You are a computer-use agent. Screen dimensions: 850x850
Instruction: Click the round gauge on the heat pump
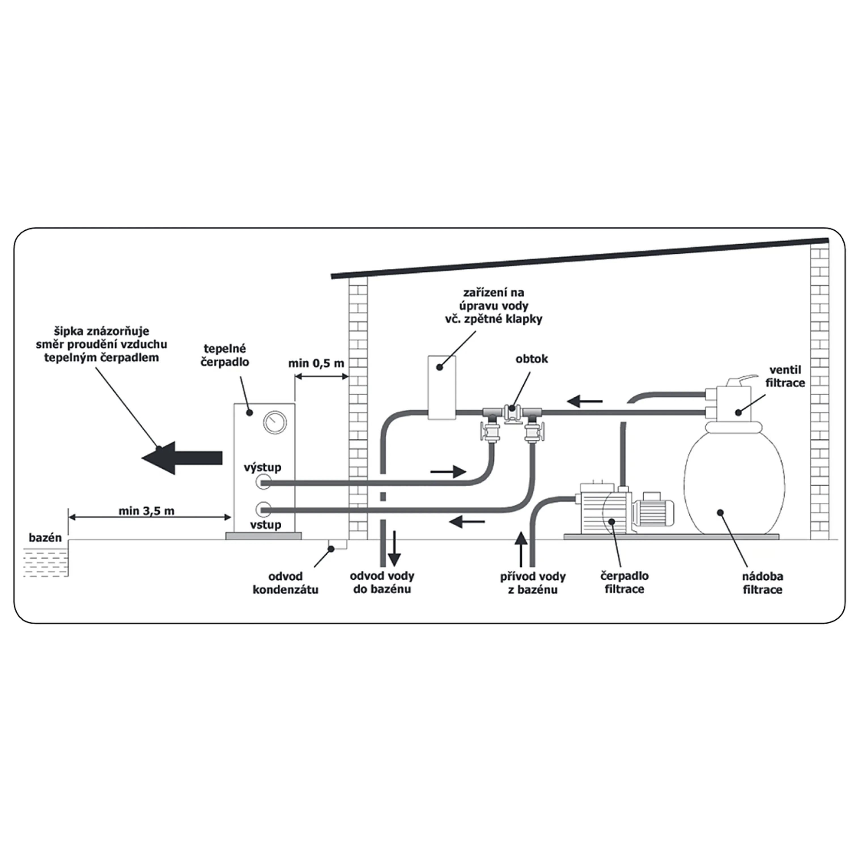tap(275, 422)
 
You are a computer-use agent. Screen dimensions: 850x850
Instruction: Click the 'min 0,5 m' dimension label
tap(316, 364)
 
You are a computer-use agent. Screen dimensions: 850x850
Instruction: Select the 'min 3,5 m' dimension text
tap(146, 511)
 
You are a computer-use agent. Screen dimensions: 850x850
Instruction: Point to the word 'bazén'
tap(45, 538)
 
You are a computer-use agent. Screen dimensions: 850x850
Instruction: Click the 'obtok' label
tap(532, 359)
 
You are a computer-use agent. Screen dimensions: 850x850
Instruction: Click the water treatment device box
tap(442, 387)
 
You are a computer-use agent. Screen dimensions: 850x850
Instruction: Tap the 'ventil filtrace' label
tap(785, 377)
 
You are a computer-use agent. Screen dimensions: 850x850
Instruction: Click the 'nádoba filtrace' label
tap(762, 583)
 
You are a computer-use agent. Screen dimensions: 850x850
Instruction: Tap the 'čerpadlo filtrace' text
tap(624, 583)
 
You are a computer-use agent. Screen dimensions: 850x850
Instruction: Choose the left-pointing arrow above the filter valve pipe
tap(584, 401)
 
